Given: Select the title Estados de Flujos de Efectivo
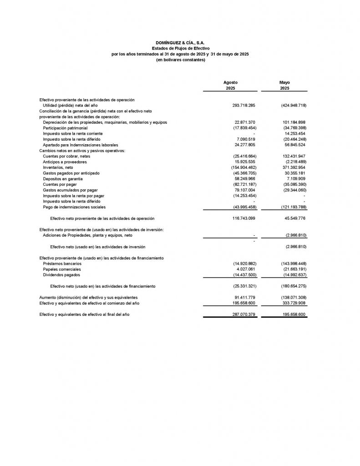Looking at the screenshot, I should [180, 48].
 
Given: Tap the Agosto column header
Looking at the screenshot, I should [230, 82].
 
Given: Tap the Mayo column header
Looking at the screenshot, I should [284, 82].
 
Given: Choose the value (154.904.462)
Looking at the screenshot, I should [243, 167].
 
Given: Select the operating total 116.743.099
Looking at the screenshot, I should [243, 218].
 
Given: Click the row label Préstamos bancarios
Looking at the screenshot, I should [62, 263].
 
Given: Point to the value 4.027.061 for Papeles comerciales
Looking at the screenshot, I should [246, 269].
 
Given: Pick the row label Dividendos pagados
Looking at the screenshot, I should [61, 275].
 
